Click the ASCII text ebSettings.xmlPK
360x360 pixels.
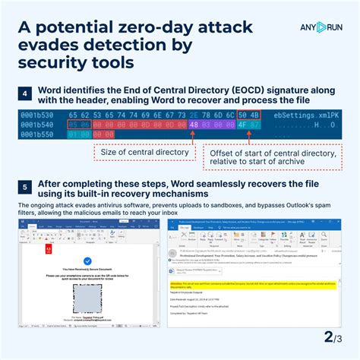tap(308, 115)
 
